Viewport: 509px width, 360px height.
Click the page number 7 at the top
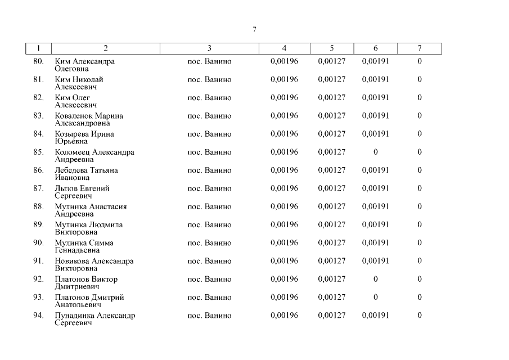point(255,29)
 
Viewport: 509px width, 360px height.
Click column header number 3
point(209,48)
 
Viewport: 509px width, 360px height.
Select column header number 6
point(376,48)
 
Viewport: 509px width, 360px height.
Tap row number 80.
point(38,61)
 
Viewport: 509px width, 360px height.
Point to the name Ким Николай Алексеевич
point(79,83)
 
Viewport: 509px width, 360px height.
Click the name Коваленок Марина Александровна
point(89,119)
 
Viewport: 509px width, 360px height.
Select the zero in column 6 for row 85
point(376,152)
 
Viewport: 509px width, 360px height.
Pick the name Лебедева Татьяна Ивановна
point(86,174)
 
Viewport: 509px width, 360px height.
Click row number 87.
point(38,188)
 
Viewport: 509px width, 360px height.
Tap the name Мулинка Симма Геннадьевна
point(84,246)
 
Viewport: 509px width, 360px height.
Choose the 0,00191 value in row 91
point(375,261)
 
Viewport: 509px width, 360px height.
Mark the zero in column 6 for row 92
point(376,279)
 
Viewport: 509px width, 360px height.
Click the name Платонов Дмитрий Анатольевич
point(89,301)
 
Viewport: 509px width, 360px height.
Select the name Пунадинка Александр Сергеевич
point(94,319)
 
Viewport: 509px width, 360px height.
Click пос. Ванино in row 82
point(209,98)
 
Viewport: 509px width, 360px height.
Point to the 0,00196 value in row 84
point(284,134)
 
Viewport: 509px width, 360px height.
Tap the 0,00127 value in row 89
point(332,224)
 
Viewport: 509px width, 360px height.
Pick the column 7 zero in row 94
point(420,316)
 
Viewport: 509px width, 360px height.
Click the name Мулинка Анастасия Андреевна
point(91,210)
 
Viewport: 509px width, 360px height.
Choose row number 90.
point(38,243)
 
